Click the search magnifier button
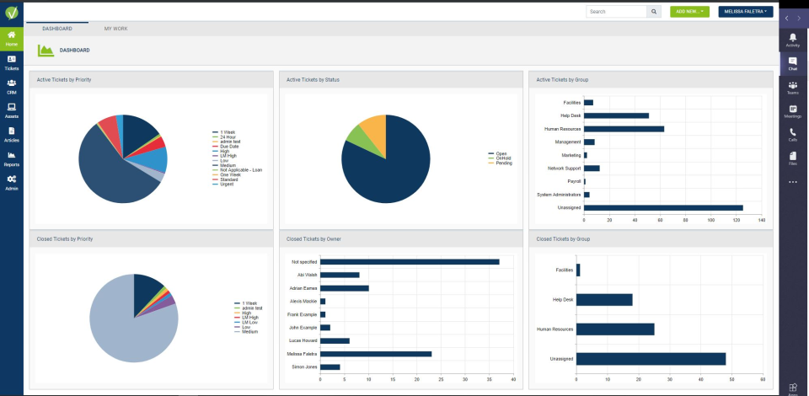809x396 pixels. pyautogui.click(x=654, y=12)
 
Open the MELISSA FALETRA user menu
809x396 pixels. pyautogui.click(x=746, y=12)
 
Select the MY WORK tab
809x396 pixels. pyautogui.click(x=115, y=29)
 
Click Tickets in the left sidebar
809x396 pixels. pyautogui.click(x=12, y=62)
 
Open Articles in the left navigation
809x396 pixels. pyautogui.click(x=12, y=134)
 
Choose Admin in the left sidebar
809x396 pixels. pyautogui.click(x=12, y=183)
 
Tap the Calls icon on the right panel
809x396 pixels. pyautogui.click(x=793, y=134)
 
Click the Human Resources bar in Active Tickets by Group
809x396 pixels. pyautogui.click(x=624, y=129)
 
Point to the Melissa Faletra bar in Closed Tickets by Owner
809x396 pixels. pyautogui.click(x=376, y=354)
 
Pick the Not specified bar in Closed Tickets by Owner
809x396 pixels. pyautogui.click(x=410, y=262)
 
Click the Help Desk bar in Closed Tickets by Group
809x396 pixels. pyautogui.click(x=604, y=299)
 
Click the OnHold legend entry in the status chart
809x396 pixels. pyautogui.click(x=504, y=158)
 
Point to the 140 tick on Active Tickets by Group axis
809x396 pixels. pyautogui.click(x=762, y=220)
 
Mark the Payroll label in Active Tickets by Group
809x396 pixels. pyautogui.click(x=572, y=181)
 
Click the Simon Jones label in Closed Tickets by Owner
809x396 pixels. pyautogui.click(x=304, y=367)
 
